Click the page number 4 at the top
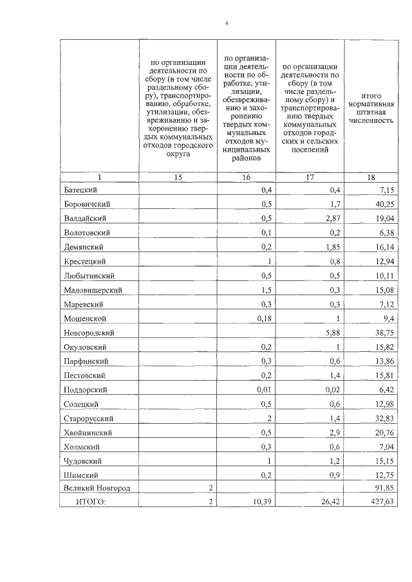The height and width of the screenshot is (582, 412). tap(227, 24)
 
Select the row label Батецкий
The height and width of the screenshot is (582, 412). tap(80, 190)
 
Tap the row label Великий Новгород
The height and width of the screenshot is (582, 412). tap(97, 488)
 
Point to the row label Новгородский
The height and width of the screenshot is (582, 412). tap(89, 332)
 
